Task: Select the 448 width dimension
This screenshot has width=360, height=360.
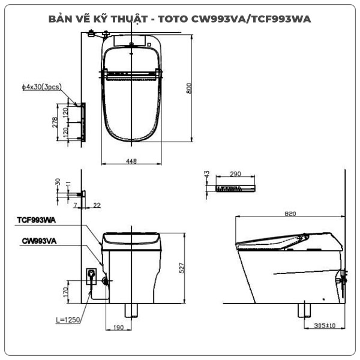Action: tap(132, 161)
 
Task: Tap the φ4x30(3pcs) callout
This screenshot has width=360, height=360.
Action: tap(41, 88)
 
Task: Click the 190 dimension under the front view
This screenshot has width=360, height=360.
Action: tap(119, 328)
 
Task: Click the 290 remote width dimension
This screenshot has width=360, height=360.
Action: tap(235, 175)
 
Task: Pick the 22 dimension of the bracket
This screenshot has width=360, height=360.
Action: tap(97, 205)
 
